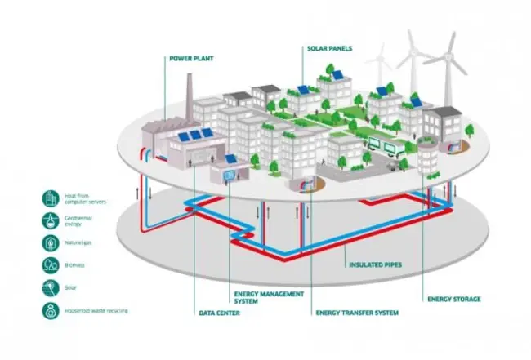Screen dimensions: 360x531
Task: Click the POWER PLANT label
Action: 190,59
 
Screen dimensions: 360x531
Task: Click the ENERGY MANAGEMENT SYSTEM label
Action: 257,296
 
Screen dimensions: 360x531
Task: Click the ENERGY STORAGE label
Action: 453,299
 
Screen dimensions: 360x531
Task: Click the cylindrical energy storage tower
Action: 425,155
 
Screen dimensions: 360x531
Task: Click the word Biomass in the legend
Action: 76,264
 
